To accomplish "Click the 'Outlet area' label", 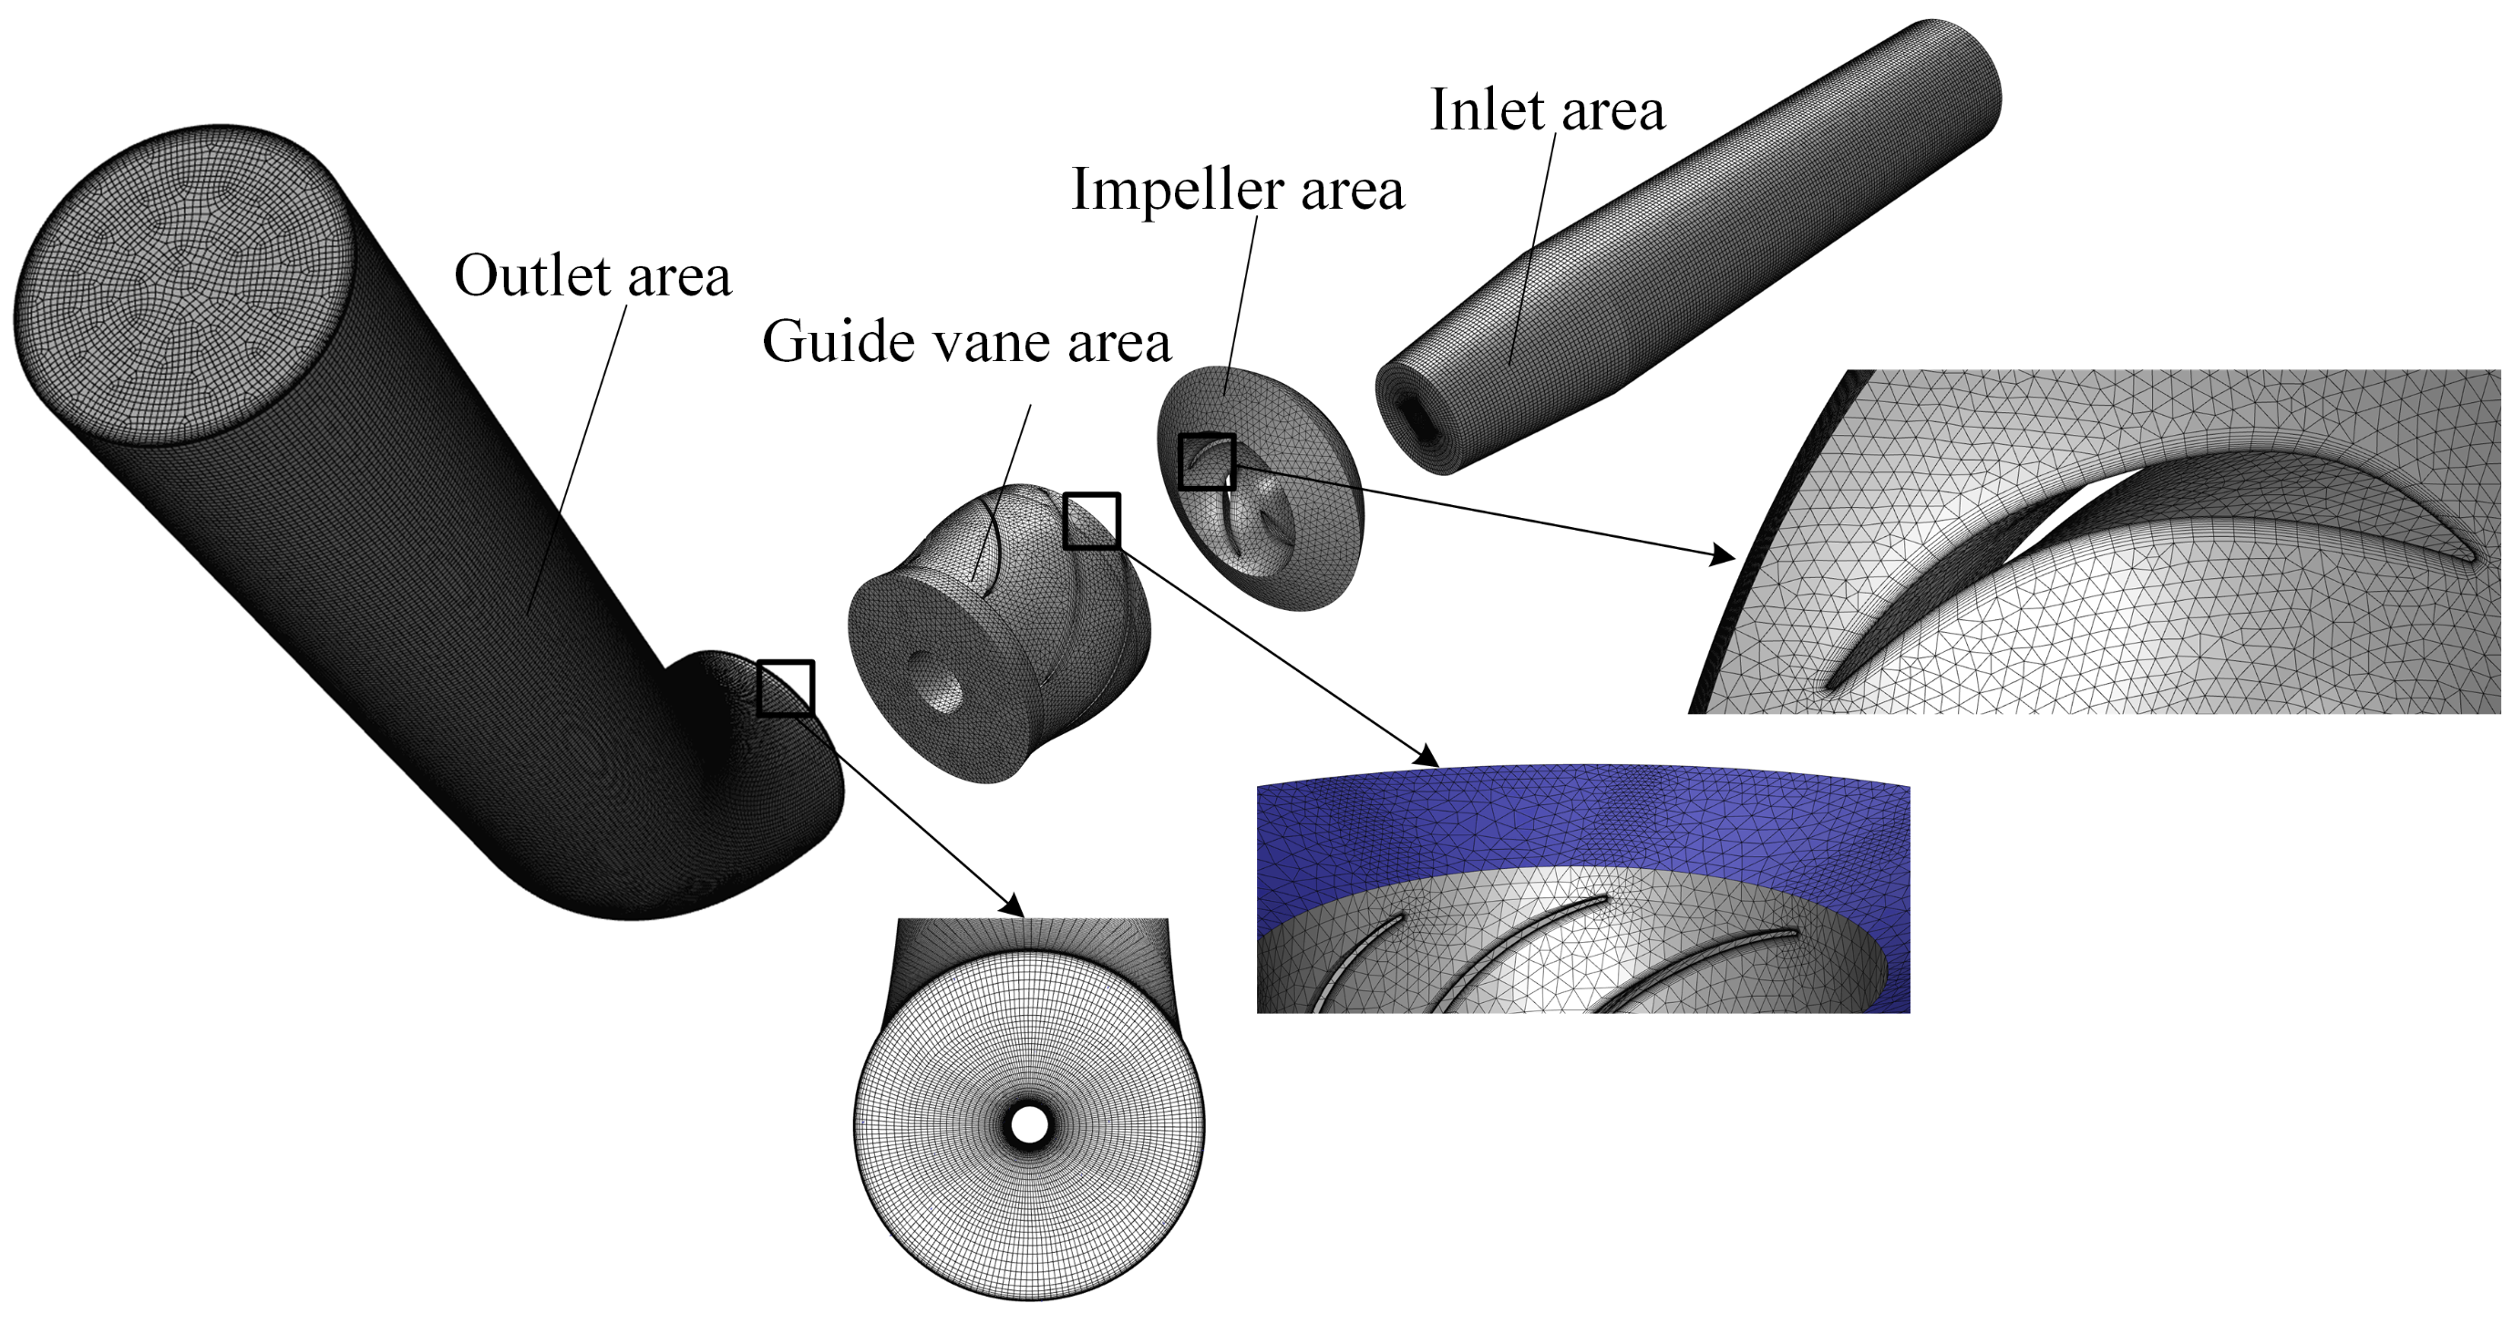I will pos(592,276).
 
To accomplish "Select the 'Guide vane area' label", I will pos(966,342).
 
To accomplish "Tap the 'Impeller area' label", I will pos(1237,189).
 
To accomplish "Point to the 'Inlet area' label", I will pos(1547,109).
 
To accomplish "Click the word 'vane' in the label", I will pos(994,344).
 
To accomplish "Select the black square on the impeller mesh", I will pos(1207,461).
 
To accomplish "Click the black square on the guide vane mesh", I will pos(1091,521).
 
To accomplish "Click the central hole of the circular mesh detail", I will pos(1029,1125).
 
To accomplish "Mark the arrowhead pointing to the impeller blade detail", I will pos(1725,557).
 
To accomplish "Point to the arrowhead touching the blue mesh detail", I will pos(1428,756).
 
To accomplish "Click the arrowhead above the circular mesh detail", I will pos(1014,905).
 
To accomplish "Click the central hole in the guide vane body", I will pos(933,678).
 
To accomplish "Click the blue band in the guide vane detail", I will pos(1581,820).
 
